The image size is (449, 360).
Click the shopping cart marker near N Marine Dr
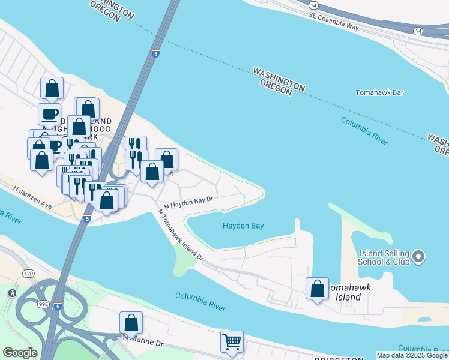[232, 342]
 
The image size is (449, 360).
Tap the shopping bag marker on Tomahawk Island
[316, 289]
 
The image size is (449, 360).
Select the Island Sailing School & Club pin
[418, 257]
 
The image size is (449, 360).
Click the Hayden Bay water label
[243, 226]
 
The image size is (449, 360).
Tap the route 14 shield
[418, 30]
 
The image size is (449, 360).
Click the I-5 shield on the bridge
[155, 53]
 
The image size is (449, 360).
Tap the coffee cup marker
[49, 114]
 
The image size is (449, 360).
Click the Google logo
[20, 353]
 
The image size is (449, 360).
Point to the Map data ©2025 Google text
[412, 355]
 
